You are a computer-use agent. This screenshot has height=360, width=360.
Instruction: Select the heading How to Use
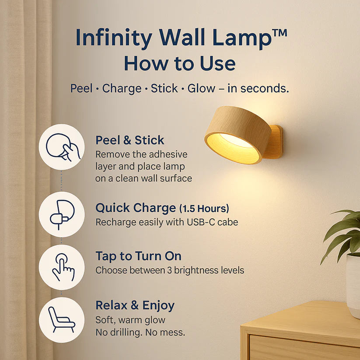(179, 63)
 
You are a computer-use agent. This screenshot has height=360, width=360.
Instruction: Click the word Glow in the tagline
(201, 88)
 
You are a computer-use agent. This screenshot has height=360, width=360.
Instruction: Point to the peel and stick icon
(62, 147)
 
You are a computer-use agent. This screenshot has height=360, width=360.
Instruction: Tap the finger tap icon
(62, 267)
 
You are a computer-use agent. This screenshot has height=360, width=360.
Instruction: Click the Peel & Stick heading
(130, 140)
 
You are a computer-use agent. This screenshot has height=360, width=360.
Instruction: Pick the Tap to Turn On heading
(138, 256)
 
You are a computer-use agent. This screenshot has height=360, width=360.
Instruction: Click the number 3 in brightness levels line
(170, 270)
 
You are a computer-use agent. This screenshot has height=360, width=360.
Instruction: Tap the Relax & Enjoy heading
(135, 305)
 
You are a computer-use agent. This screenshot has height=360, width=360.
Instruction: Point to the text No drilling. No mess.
(140, 332)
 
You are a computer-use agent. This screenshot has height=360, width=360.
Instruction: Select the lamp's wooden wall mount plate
(276, 142)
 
